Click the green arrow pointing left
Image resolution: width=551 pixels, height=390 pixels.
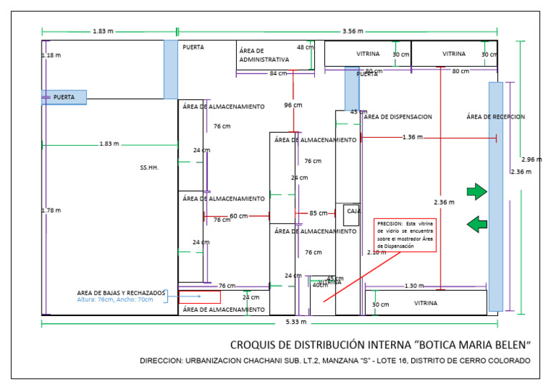click(476, 225)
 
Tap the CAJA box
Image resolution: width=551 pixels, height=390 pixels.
click(352, 213)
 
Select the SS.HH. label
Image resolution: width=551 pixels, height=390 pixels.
click(149, 167)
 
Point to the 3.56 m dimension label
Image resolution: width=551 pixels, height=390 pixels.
click(352, 31)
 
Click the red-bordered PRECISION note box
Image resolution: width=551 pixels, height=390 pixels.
click(405, 235)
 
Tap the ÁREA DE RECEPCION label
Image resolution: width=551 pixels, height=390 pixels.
click(495, 116)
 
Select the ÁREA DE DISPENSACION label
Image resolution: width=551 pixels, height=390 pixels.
click(397, 117)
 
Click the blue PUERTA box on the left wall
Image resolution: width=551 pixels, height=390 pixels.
click(64, 96)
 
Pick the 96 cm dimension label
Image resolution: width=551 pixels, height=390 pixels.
click(293, 105)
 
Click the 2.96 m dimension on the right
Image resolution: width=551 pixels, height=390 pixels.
click(532, 159)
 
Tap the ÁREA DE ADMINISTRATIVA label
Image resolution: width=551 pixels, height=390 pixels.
click(264, 55)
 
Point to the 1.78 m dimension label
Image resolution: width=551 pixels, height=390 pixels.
click(51, 210)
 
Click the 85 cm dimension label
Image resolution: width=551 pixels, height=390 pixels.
click(318, 213)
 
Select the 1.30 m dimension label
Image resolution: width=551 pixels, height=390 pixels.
click(414, 286)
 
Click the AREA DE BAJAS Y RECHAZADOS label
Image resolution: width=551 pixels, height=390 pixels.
click(121, 293)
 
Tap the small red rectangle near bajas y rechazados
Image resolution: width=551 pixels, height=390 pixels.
click(199, 297)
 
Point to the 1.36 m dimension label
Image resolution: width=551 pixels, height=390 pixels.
click(413, 136)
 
